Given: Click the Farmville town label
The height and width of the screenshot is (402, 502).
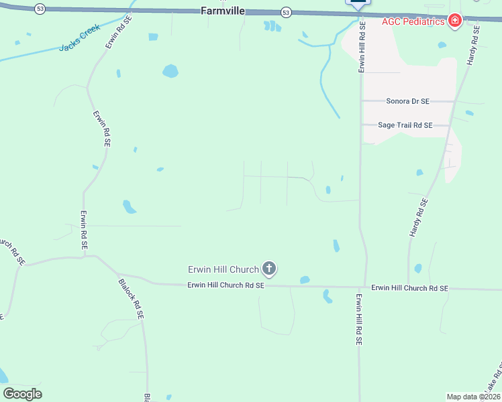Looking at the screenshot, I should pos(223,11).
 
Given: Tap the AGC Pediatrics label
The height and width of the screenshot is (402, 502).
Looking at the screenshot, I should pos(413,21).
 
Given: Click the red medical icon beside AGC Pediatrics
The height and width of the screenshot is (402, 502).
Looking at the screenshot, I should pos(455,21).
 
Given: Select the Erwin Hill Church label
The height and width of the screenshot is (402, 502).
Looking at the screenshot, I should pos(223,269).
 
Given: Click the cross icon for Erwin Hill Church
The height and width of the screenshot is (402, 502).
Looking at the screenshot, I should pos(268,269).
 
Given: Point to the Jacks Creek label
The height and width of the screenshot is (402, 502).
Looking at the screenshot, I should pos(79,38).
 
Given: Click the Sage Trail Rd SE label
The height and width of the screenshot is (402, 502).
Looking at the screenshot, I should pos(405,125).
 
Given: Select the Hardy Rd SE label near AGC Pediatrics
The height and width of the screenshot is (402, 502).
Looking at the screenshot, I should pos(473,46).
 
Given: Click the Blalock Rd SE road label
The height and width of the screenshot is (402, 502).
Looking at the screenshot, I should pos(131,299).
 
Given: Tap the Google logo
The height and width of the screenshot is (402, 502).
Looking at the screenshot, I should pos(22,394).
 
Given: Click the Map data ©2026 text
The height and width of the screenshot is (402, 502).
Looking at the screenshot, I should pos(473,397).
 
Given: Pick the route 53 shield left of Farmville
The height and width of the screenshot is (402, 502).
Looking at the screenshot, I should pos(41,9).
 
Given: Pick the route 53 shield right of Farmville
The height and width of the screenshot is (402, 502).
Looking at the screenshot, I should pos(286,12).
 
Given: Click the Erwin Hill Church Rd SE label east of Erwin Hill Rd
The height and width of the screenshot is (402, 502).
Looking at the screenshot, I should pos(409,288).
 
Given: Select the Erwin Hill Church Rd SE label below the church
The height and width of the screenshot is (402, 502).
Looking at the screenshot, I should pos(225,285).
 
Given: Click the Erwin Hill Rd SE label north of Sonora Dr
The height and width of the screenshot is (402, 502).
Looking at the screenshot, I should pos(362,47).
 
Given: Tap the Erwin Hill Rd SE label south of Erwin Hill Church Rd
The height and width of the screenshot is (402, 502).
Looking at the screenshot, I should pos(358,319).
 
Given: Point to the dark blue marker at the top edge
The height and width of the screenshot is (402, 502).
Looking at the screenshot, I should pos(357,2).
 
